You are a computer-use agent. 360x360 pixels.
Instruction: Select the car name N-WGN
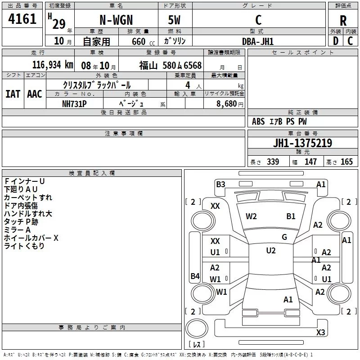tap(115, 20)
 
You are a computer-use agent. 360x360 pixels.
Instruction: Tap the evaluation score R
tap(343, 20)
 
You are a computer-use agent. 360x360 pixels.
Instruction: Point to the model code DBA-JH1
tap(258, 41)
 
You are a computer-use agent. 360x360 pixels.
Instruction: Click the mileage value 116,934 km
tap(52, 65)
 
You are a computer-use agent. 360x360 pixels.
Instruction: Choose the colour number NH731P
tap(74, 103)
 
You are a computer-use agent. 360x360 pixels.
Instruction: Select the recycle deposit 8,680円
tap(229, 103)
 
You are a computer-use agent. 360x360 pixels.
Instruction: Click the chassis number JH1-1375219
tap(302, 143)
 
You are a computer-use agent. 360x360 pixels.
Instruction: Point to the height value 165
tap(346, 162)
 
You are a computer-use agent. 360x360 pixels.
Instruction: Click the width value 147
tap(310, 162)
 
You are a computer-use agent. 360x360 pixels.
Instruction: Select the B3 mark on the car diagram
tap(220, 184)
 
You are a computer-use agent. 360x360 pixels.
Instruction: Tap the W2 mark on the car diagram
tap(251, 216)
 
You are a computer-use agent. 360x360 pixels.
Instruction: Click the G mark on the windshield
tap(284, 237)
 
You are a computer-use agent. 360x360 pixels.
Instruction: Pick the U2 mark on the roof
tap(271, 251)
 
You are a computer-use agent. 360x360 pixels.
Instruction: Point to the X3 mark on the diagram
tap(320, 333)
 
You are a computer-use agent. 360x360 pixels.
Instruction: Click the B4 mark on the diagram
tap(195, 276)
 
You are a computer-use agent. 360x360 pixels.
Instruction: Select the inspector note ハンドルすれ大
tap(28, 214)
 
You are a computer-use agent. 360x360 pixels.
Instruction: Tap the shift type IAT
tap(13, 94)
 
